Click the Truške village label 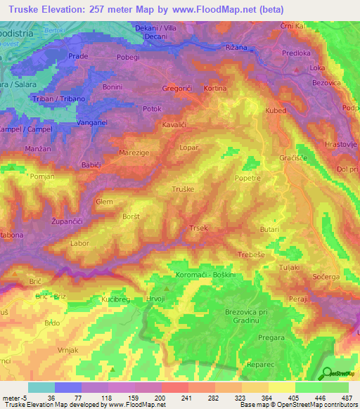click(183, 190)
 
